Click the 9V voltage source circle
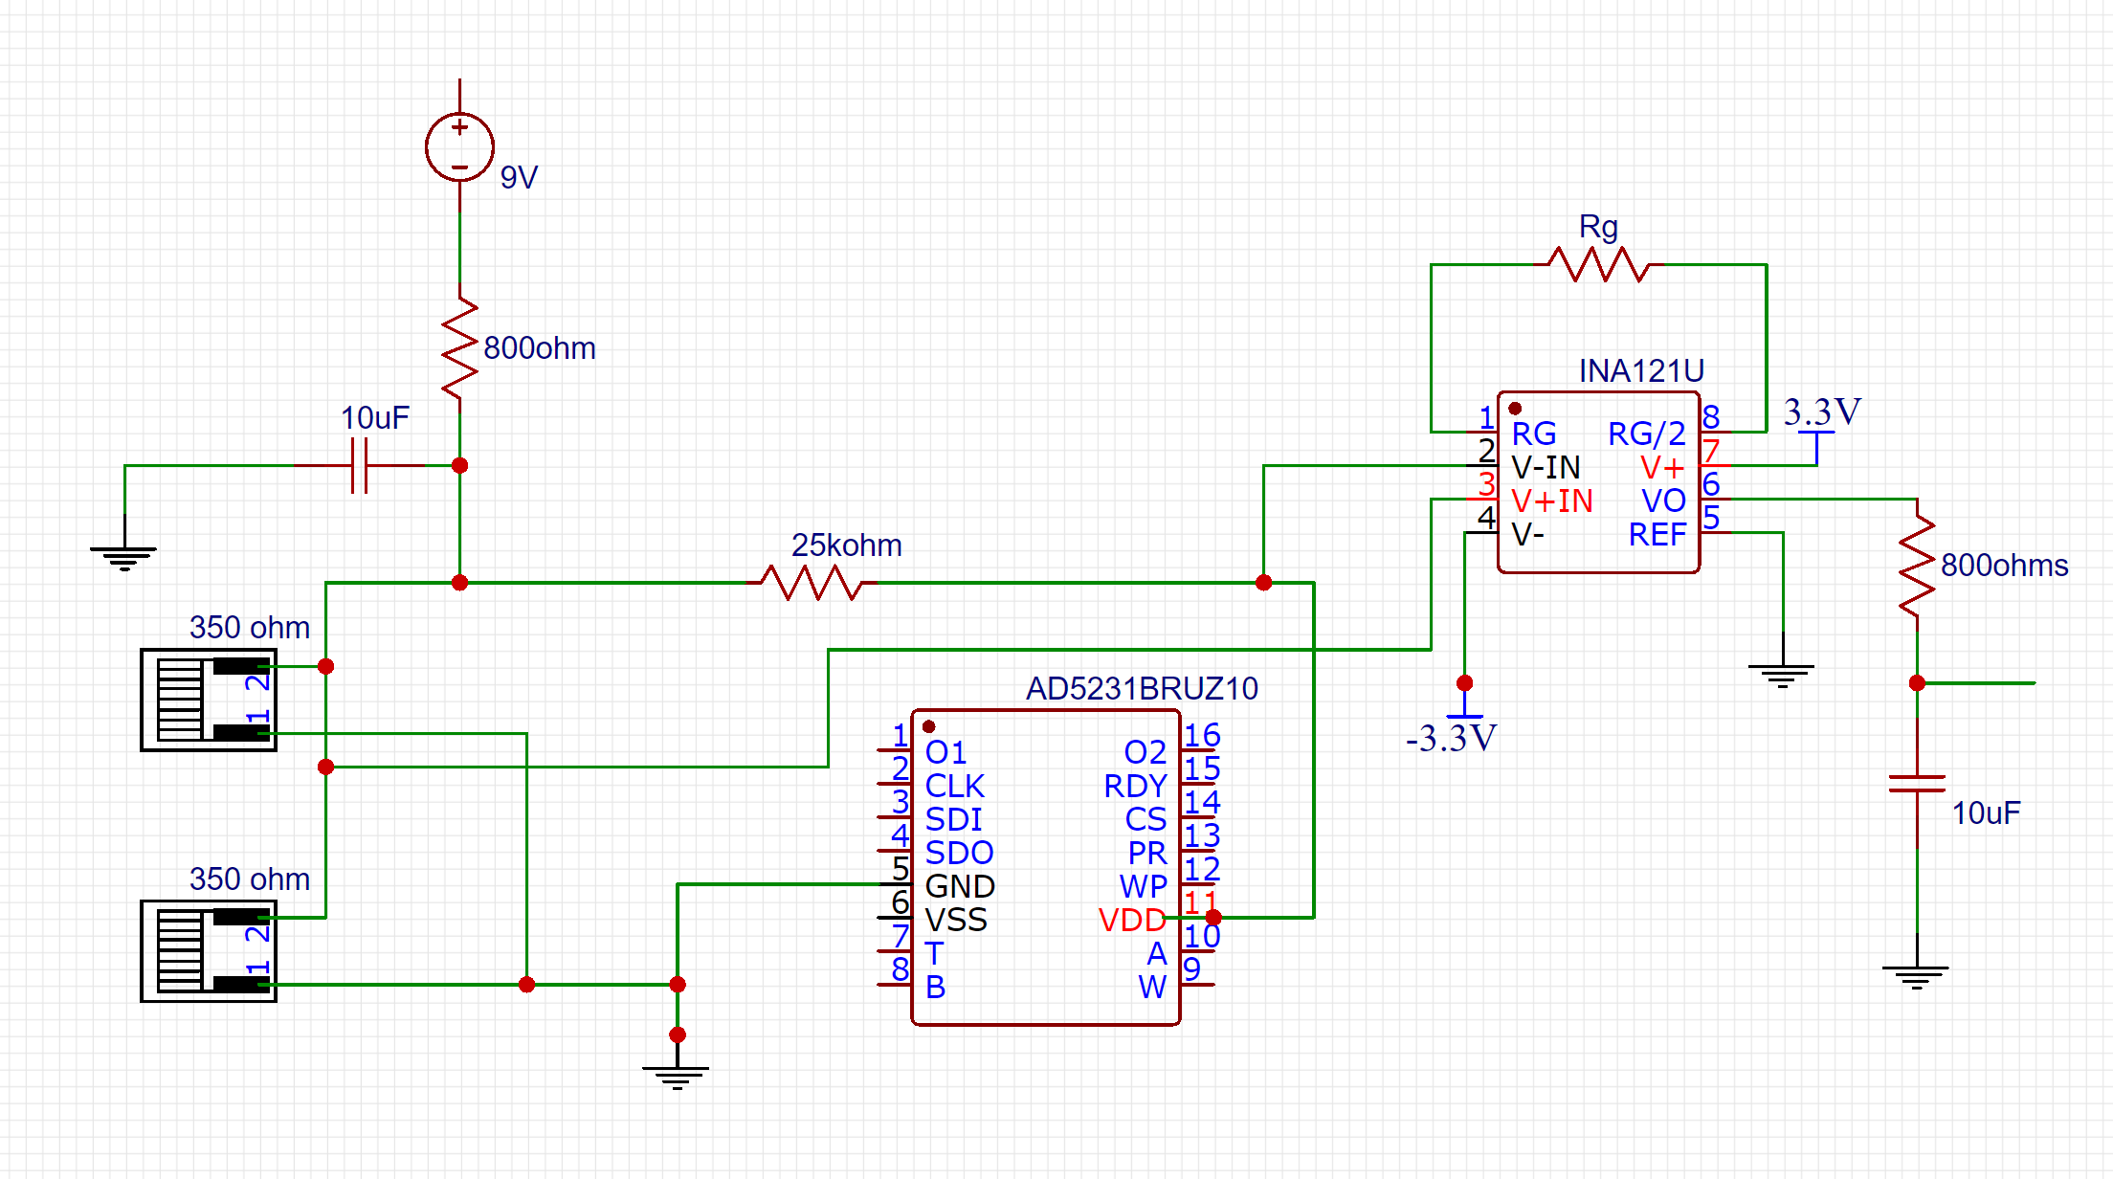pyautogui.click(x=459, y=146)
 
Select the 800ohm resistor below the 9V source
pyautogui.click(x=459, y=347)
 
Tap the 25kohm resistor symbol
pyautogui.click(x=812, y=582)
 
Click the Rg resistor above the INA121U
pyautogui.click(x=1598, y=264)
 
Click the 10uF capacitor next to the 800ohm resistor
pyautogui.click(x=360, y=466)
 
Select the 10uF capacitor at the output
pyautogui.click(x=1917, y=784)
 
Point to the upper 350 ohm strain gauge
pyautogui.click(x=209, y=700)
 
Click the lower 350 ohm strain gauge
pyautogui.click(x=209, y=951)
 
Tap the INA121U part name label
pyautogui.click(x=1641, y=370)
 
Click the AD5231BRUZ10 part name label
pyautogui.click(x=1142, y=688)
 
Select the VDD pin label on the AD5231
pyautogui.click(x=1131, y=920)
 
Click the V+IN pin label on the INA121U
pyautogui.click(x=1551, y=501)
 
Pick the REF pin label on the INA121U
pyautogui.click(x=1657, y=534)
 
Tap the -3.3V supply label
pyautogui.click(x=1451, y=739)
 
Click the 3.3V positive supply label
pyautogui.click(x=1821, y=412)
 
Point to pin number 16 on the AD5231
pyautogui.click(x=1202, y=735)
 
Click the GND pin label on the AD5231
pyautogui.click(x=960, y=886)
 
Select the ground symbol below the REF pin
pyautogui.click(x=1782, y=675)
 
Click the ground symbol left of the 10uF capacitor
pyautogui.click(x=124, y=556)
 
